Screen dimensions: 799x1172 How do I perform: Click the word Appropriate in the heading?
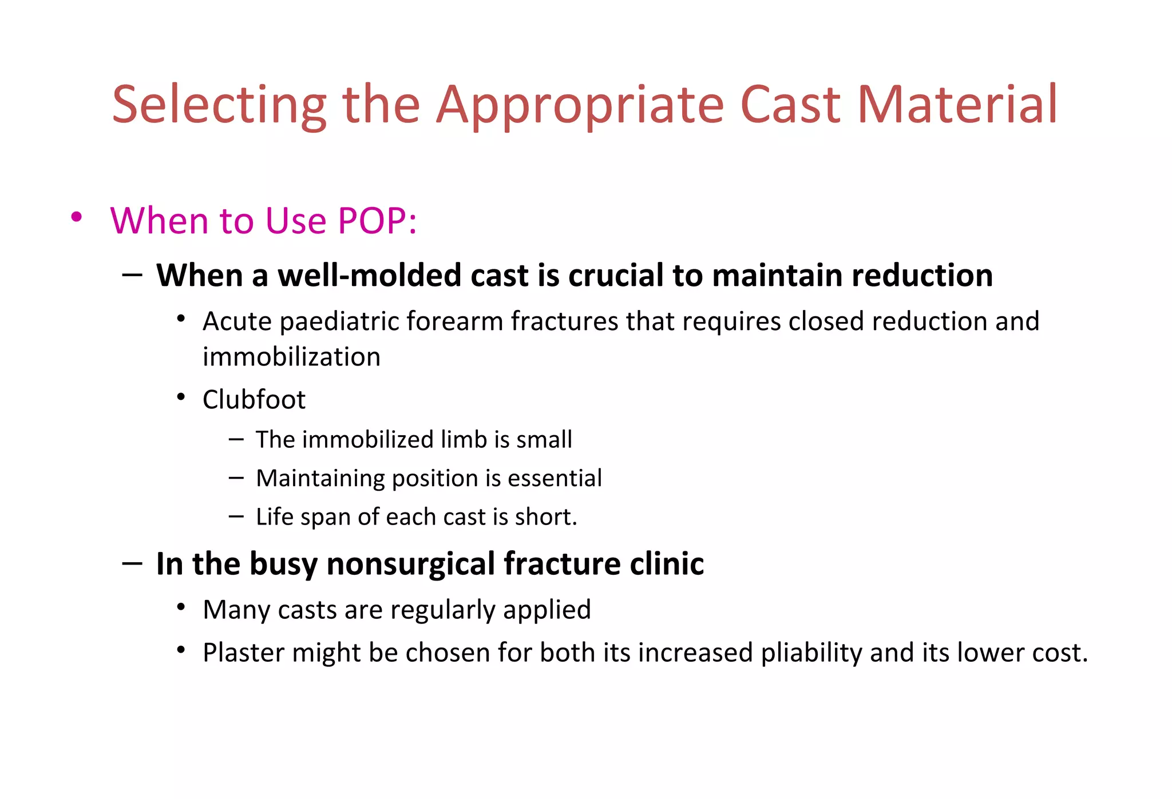(x=580, y=106)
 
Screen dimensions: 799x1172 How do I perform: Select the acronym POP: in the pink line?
(x=377, y=221)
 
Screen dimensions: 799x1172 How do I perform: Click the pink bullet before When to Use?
(x=76, y=217)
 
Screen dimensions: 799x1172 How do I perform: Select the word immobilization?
(x=291, y=357)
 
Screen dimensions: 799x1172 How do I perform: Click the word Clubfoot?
(x=254, y=399)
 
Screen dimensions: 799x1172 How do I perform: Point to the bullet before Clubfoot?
(x=181, y=396)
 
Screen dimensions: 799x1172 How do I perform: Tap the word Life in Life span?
(x=274, y=516)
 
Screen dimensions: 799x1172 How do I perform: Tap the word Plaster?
(x=243, y=653)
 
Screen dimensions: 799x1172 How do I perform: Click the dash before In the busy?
(x=132, y=563)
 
